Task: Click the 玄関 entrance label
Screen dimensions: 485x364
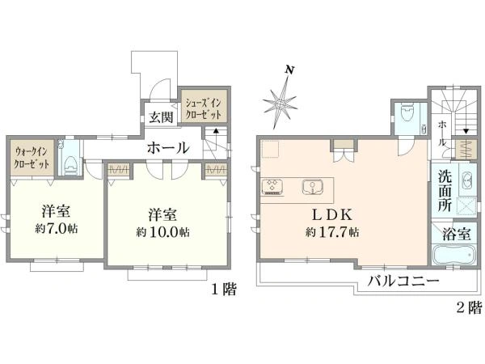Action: pos(161,117)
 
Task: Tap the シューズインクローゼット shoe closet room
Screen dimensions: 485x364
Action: pos(205,107)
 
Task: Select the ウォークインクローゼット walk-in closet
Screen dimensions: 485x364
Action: pos(32,158)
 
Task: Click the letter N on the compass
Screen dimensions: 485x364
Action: pos(289,70)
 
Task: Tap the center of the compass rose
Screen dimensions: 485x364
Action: pos(280,104)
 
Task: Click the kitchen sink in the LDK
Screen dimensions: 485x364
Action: pos(313,187)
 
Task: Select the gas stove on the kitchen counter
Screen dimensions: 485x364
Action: pos(272,187)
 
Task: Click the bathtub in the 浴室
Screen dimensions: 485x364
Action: pos(453,255)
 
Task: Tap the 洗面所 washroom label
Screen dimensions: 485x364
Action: pos(445,191)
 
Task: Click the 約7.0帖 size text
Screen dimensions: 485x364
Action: pos(57,229)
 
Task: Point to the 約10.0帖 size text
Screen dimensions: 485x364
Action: pos(163,232)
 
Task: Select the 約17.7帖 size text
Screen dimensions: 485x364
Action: pos(332,232)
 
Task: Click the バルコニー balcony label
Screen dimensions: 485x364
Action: pos(403,281)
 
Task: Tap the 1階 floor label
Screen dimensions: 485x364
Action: pos(224,290)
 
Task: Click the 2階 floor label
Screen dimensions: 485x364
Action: pos(470,307)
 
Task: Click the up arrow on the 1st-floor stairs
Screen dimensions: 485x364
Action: pos(216,133)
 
